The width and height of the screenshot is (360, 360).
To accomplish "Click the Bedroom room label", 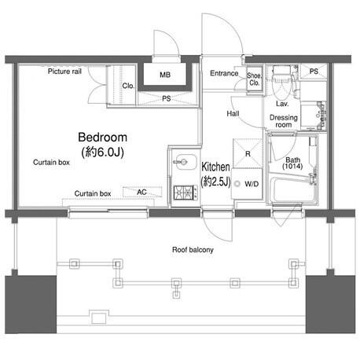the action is click(x=103, y=138).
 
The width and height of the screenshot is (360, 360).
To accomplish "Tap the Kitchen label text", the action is click(x=215, y=167).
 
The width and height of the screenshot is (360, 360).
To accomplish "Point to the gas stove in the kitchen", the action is click(x=186, y=193).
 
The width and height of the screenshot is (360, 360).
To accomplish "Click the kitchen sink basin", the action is click(x=186, y=162).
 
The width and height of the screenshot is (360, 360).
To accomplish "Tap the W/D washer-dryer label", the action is click(x=252, y=184).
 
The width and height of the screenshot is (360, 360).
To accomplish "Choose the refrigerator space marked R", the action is click(x=248, y=153).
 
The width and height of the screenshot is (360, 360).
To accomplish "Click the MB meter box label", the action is click(x=165, y=75).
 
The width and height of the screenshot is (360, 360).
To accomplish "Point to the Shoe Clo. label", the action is click(x=254, y=79).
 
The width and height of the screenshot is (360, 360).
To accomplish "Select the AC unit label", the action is click(x=141, y=193).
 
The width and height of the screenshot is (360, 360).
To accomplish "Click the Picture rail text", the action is click(x=64, y=72).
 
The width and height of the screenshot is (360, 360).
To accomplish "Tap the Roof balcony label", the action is click(x=193, y=250).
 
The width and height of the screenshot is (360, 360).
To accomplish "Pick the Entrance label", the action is click(x=224, y=73).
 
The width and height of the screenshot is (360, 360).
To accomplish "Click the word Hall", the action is click(x=233, y=113).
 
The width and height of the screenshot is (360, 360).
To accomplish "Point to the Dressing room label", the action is click(x=284, y=121).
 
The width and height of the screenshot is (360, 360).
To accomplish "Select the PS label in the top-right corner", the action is click(x=314, y=71).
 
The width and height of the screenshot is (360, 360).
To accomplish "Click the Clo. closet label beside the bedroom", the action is click(x=128, y=86).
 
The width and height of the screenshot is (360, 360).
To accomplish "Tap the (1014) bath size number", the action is click(x=292, y=166).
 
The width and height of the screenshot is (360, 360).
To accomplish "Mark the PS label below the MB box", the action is click(x=167, y=98).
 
